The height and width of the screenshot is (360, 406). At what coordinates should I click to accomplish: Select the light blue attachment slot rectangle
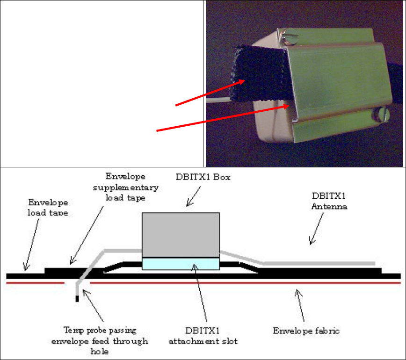(x=181, y=264)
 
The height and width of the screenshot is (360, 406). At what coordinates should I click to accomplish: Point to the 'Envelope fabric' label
(x=306, y=331)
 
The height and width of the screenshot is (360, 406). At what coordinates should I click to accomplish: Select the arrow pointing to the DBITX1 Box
(x=194, y=196)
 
